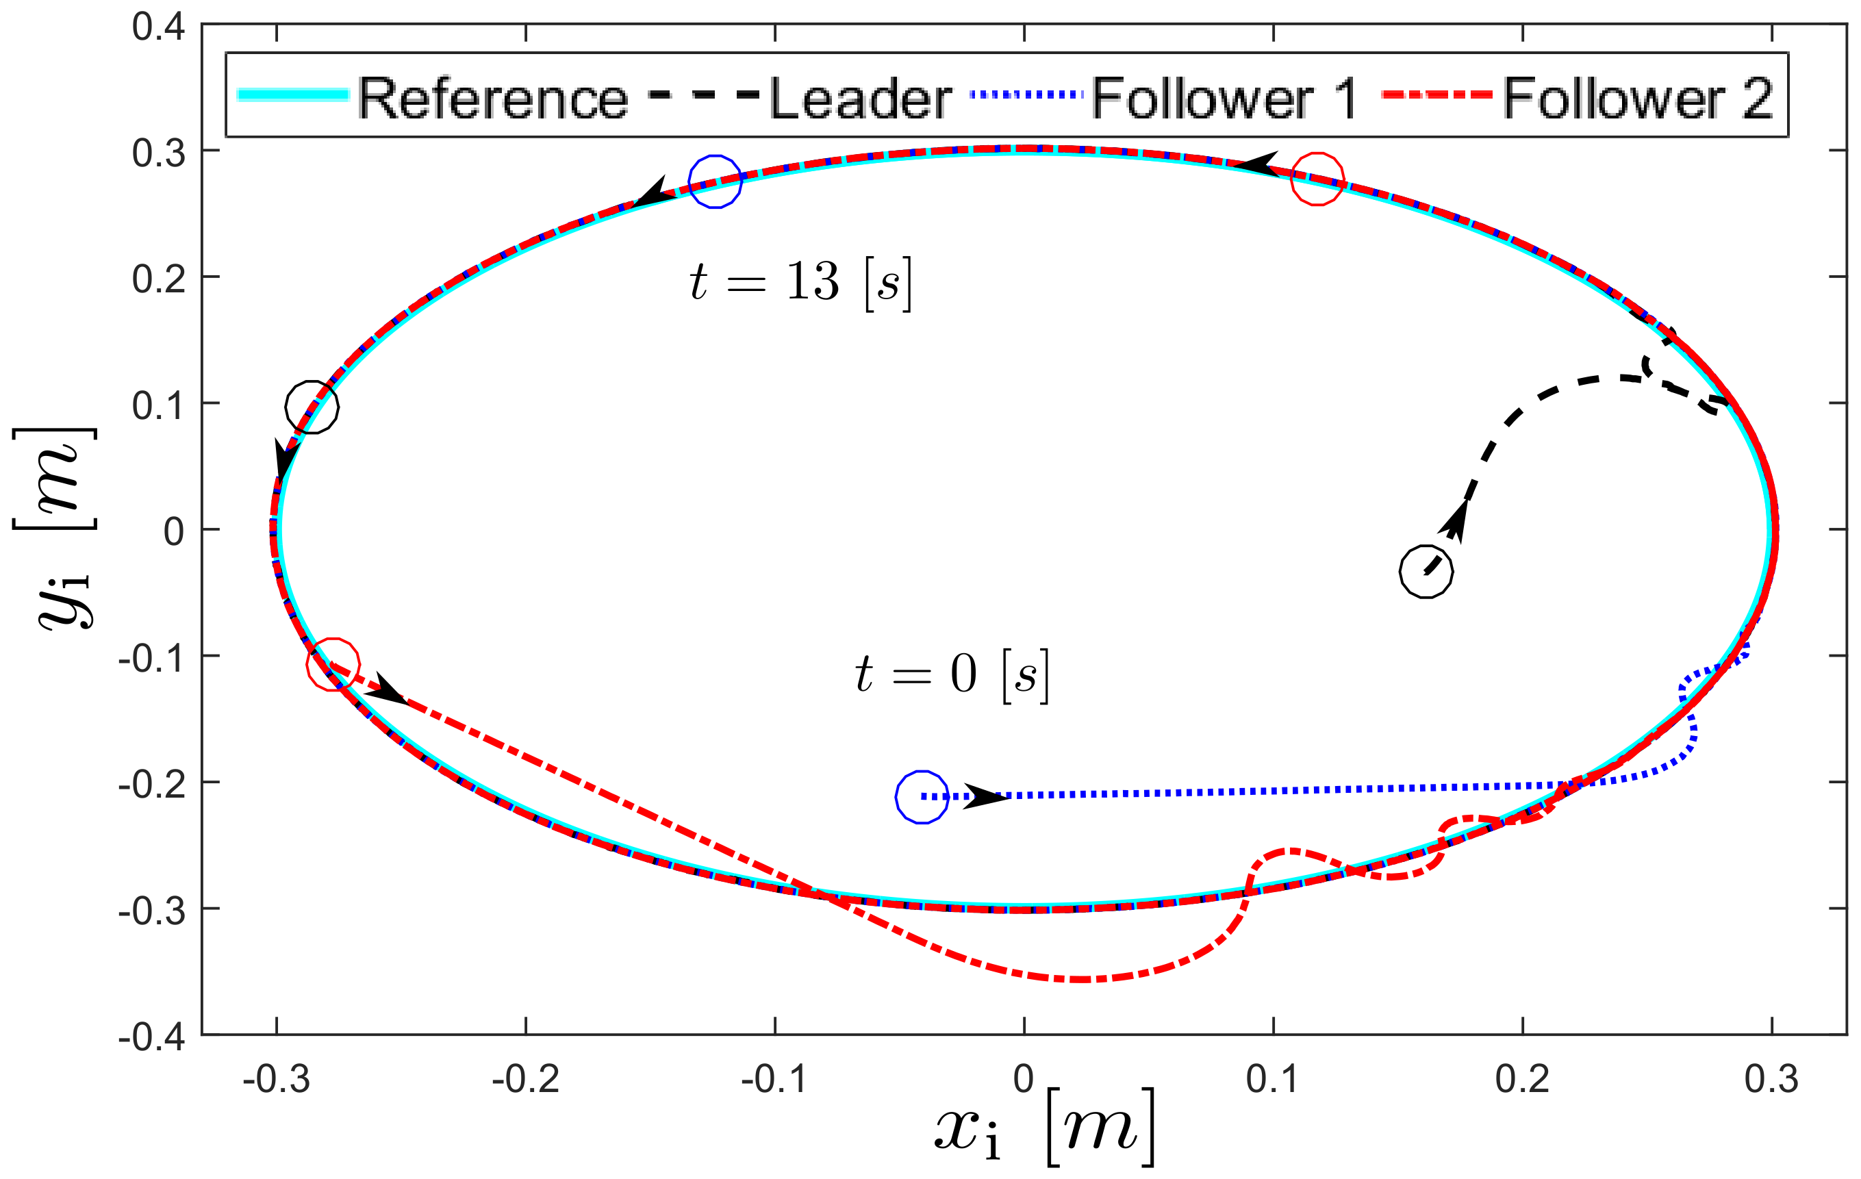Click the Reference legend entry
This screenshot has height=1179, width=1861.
(492, 99)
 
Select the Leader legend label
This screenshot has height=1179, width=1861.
(860, 99)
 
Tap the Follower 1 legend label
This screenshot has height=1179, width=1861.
(1224, 99)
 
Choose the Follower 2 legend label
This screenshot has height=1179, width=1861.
(1638, 99)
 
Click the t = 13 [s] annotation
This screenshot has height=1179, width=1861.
(800, 281)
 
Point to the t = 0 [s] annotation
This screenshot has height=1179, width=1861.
(952, 674)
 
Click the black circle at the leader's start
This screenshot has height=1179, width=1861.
(1426, 571)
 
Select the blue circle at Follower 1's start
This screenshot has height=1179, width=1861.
(921, 796)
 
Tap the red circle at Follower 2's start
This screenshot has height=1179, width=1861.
(333, 663)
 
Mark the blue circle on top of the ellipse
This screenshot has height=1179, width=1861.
(715, 181)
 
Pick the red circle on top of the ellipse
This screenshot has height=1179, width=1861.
(1317, 179)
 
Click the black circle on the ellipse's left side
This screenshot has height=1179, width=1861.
(312, 407)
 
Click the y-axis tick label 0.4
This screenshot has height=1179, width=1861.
(158, 27)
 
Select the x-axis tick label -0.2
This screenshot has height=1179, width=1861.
(526, 1079)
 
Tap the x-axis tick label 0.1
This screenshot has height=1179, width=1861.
(1273, 1079)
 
